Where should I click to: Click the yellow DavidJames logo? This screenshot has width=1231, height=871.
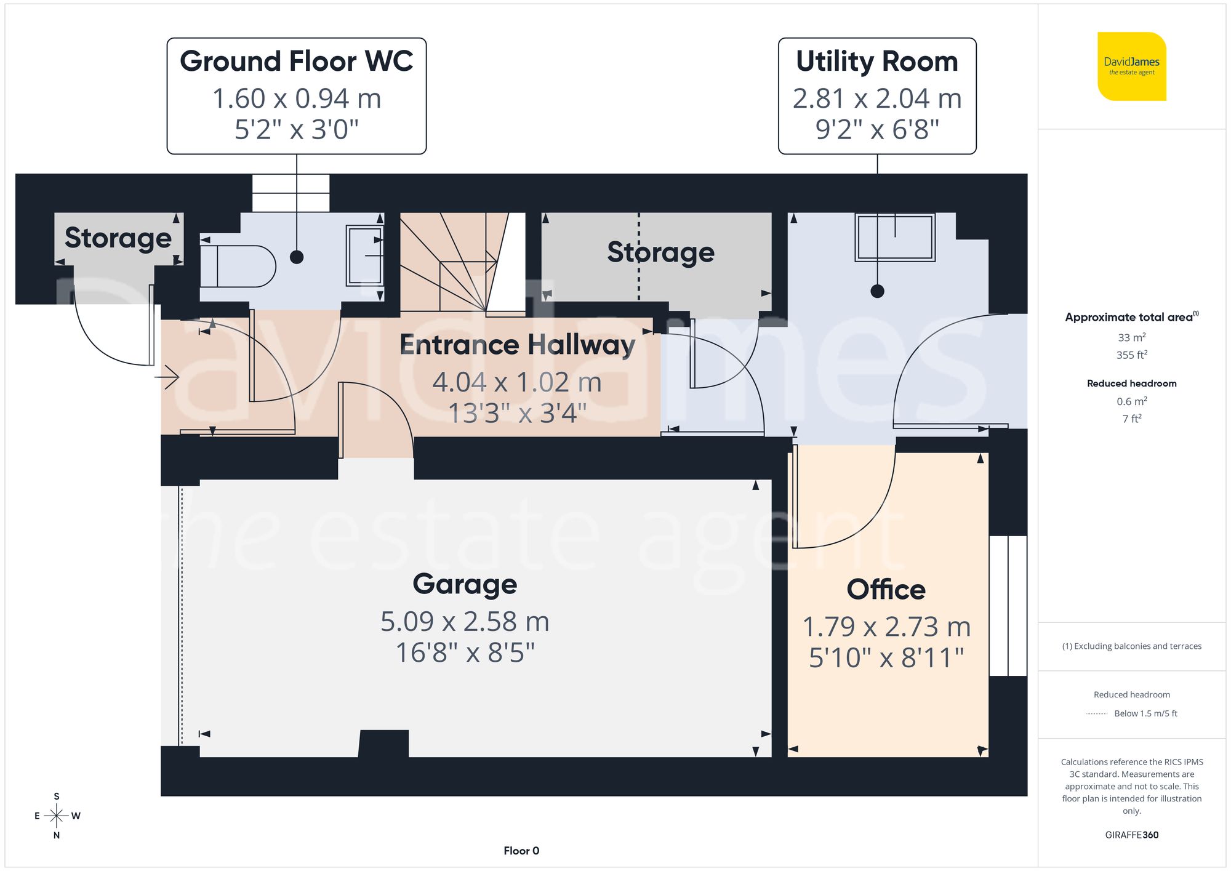coord(1131,66)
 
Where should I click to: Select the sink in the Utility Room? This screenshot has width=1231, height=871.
coord(895,237)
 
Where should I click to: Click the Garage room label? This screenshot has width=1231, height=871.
coord(465,584)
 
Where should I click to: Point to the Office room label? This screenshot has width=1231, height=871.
coord(886,589)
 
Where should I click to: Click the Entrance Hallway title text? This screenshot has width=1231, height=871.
coord(517,344)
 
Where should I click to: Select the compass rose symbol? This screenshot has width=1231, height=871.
coord(57,816)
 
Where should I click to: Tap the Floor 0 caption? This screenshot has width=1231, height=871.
coord(521,851)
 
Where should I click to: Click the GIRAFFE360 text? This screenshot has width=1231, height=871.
coord(1131,835)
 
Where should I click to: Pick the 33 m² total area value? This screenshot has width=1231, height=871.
coord(1131,337)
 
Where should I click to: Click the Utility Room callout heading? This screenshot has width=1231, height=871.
coord(876,62)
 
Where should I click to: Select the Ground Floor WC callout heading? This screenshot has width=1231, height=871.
coord(296,62)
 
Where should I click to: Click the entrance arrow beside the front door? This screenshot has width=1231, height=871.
coord(167,377)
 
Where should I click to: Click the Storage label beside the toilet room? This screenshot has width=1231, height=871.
coord(118,238)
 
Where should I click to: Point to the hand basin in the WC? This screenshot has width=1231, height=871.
coord(364,255)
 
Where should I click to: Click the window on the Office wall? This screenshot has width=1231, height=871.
coord(1008,606)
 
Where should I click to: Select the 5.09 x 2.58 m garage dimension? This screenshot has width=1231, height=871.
coord(465,621)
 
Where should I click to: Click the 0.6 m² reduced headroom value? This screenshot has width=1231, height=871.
coord(1131,401)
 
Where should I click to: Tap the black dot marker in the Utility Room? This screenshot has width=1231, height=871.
coord(877,291)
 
